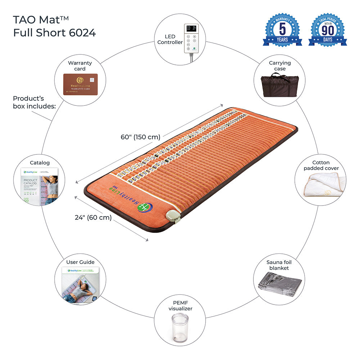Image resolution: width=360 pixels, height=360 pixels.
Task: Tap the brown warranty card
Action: point(80,84)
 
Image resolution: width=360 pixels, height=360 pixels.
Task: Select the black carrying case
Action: point(280,85)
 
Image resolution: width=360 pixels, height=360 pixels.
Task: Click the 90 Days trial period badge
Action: point(328,30)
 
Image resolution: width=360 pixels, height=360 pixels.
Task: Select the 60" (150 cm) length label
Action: point(140,137)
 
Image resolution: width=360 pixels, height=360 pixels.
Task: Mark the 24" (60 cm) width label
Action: point(93,217)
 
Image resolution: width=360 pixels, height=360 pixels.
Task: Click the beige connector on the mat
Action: point(169,216)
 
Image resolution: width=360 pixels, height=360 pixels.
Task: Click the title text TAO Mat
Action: point(41,20)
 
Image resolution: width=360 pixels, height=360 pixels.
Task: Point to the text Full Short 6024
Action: point(55,33)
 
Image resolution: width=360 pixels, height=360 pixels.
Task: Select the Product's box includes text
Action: point(34,102)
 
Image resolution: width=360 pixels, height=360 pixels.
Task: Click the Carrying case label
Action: point(280,66)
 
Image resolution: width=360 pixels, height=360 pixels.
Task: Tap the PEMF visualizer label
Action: point(180,306)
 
